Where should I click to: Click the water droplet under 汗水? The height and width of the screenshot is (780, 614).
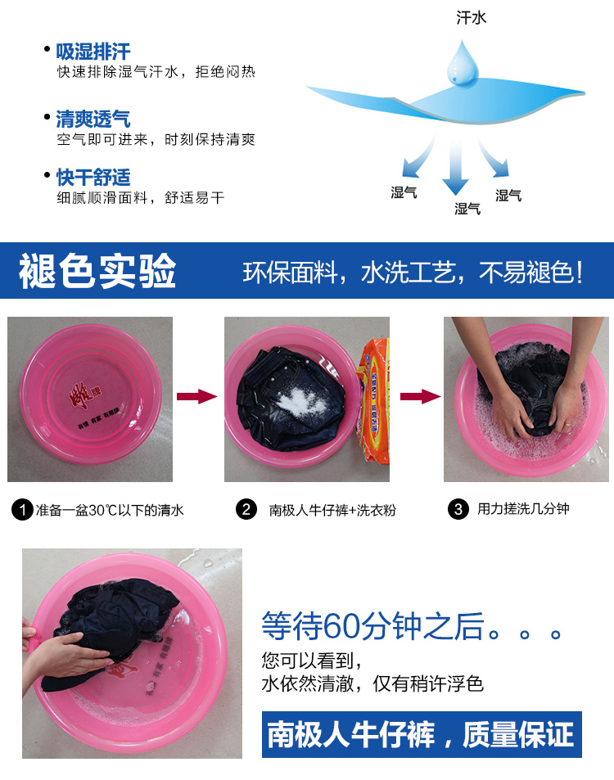pyautogui.click(x=463, y=63)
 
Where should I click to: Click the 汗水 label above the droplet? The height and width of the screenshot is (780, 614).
pyautogui.click(x=471, y=18)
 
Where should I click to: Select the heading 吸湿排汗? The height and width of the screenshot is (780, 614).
pyautogui.click(x=93, y=52)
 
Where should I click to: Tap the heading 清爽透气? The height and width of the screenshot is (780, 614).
pyautogui.click(x=93, y=119)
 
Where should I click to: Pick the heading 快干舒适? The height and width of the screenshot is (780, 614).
pyautogui.click(x=93, y=177)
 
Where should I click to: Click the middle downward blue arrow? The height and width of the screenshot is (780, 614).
pyautogui.click(x=455, y=167)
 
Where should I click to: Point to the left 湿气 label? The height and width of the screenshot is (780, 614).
pyautogui.click(x=404, y=192)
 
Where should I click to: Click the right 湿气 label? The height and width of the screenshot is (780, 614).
pyautogui.click(x=508, y=196)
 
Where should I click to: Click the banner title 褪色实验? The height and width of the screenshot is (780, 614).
pyautogui.click(x=97, y=271)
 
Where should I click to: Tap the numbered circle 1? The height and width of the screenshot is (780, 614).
pyautogui.click(x=22, y=510)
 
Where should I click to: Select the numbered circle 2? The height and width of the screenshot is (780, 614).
pyautogui.click(x=246, y=509)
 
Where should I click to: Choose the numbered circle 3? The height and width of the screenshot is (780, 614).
pyautogui.click(x=458, y=509)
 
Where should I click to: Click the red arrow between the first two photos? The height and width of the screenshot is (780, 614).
pyautogui.click(x=197, y=396)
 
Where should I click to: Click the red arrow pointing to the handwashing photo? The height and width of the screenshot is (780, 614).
pyautogui.click(x=421, y=396)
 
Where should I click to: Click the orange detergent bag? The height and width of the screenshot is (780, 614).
pyautogui.click(x=374, y=401)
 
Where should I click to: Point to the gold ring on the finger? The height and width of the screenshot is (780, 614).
pyautogui.click(x=567, y=424)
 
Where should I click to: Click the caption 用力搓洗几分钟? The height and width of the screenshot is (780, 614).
pyautogui.click(x=523, y=509)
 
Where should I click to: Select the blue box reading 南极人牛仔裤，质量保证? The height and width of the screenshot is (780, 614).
pyautogui.click(x=422, y=734)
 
